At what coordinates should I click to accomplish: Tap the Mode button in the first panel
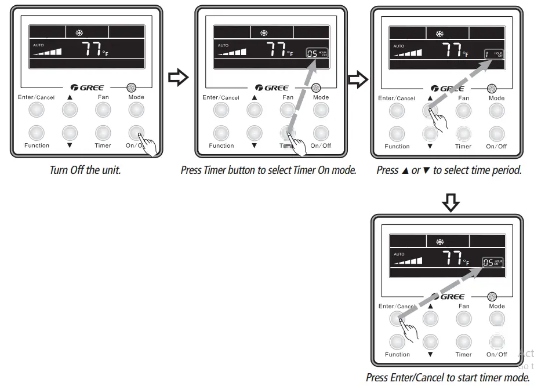coord(136,110)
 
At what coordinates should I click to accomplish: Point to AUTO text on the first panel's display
coord(38,44)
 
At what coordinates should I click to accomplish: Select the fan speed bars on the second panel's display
coord(231,53)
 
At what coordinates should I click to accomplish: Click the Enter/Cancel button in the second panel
coord(221,110)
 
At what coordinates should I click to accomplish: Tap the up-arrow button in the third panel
coord(430,111)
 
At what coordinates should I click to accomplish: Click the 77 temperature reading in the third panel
coord(452,51)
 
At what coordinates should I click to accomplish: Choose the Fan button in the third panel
coord(463,111)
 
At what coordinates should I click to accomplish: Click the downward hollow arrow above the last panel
coord(452,202)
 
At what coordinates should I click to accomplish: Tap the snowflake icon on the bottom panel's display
coord(439,242)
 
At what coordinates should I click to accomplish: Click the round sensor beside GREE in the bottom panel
coord(492,297)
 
